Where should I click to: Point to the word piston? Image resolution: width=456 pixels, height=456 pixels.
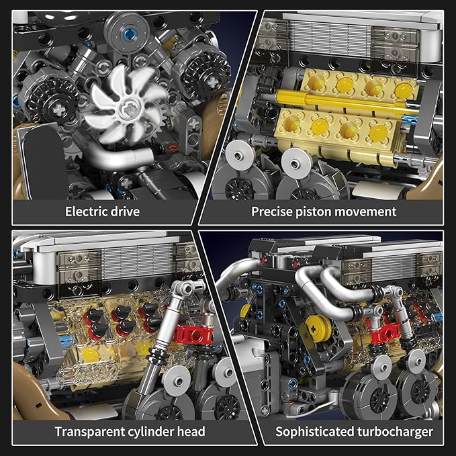click(317, 212)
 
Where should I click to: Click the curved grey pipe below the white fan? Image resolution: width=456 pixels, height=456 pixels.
click(128, 159)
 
